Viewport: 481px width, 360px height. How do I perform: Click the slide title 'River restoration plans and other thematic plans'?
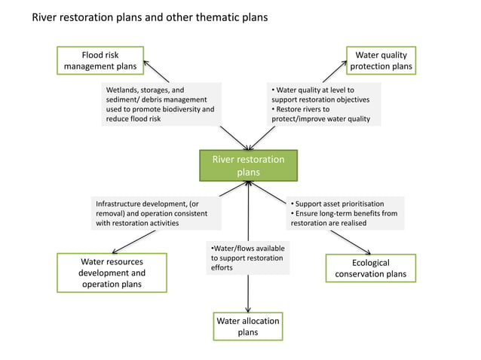[149, 17]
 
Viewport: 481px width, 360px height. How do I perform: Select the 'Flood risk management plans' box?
[100, 60]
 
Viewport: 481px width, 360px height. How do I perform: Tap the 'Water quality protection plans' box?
[381, 60]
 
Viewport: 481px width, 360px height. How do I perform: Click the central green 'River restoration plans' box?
[248, 166]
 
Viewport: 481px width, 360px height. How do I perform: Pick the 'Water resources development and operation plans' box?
[112, 273]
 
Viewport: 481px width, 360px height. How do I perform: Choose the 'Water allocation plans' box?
[248, 326]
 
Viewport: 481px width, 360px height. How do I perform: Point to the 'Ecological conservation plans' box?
[370, 268]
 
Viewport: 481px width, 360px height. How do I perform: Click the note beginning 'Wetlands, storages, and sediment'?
[161, 104]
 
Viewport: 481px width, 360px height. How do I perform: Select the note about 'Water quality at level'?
[323, 104]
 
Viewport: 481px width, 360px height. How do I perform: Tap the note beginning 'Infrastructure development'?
[157, 213]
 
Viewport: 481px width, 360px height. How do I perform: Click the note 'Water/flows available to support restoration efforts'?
[248, 258]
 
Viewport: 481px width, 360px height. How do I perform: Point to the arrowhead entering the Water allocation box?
[248, 308]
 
